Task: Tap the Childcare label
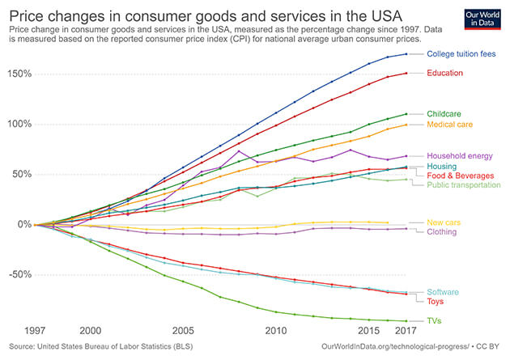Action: (444, 115)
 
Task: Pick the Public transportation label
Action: (464, 184)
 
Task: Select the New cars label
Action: (444, 222)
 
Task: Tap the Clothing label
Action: (442, 231)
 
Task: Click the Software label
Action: (444, 292)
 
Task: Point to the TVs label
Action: (436, 321)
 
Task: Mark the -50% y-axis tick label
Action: (18, 274)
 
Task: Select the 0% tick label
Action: (23, 224)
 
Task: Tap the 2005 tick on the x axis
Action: (183, 331)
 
